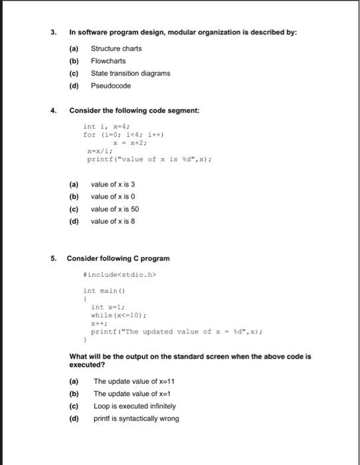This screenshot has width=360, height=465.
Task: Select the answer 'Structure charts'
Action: (116, 48)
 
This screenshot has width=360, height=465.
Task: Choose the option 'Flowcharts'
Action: (108, 60)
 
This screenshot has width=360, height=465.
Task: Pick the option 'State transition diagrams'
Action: (131, 73)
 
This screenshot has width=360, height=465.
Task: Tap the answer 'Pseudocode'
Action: (111, 86)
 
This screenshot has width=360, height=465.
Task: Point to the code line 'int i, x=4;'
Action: (106, 126)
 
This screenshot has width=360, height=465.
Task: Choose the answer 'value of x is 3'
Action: (115, 184)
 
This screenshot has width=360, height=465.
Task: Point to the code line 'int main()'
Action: (100, 291)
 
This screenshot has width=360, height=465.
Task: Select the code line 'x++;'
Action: (98, 324)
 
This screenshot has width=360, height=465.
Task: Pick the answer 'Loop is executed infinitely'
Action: (135, 406)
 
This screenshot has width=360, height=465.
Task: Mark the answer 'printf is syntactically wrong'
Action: (136, 418)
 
